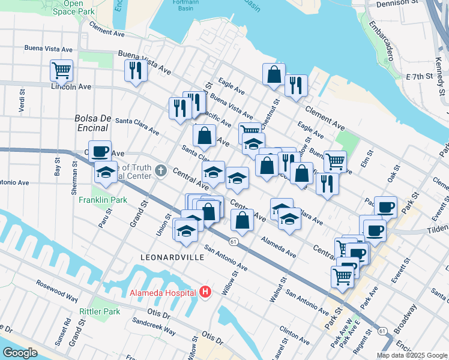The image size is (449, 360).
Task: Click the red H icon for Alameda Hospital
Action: point(205,293)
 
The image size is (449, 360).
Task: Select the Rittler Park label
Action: point(100,311)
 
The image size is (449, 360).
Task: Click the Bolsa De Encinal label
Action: point(91,122)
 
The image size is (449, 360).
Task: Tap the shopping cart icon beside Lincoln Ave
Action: point(62,70)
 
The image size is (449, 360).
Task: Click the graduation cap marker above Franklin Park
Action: point(106,172)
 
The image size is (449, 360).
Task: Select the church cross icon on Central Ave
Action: point(160,171)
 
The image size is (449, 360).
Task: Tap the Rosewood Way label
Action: point(57,289)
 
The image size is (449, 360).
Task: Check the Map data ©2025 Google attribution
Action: point(411,355)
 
